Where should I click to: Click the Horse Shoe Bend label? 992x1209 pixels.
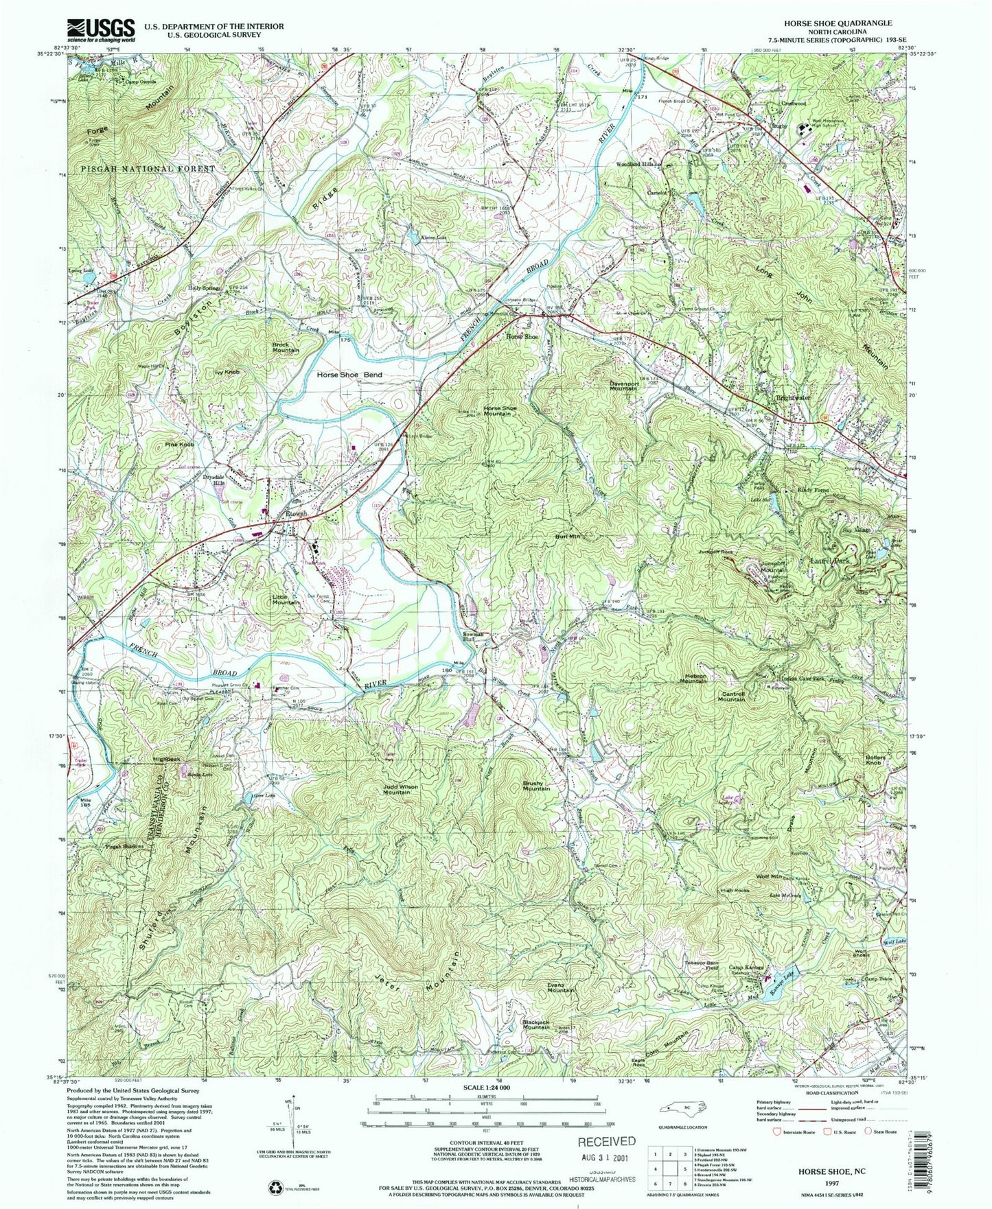(x=349, y=375)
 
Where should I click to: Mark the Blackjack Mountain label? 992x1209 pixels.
(x=536, y=1024)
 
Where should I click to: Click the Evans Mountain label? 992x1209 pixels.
(x=560, y=987)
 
